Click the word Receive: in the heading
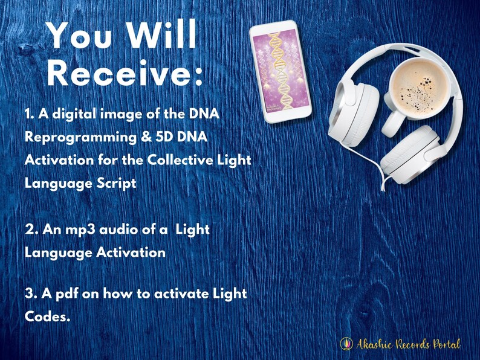pos(124,74)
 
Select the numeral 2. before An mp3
pos(33,230)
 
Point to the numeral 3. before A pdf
pos(31,294)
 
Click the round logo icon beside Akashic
pos(346,344)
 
